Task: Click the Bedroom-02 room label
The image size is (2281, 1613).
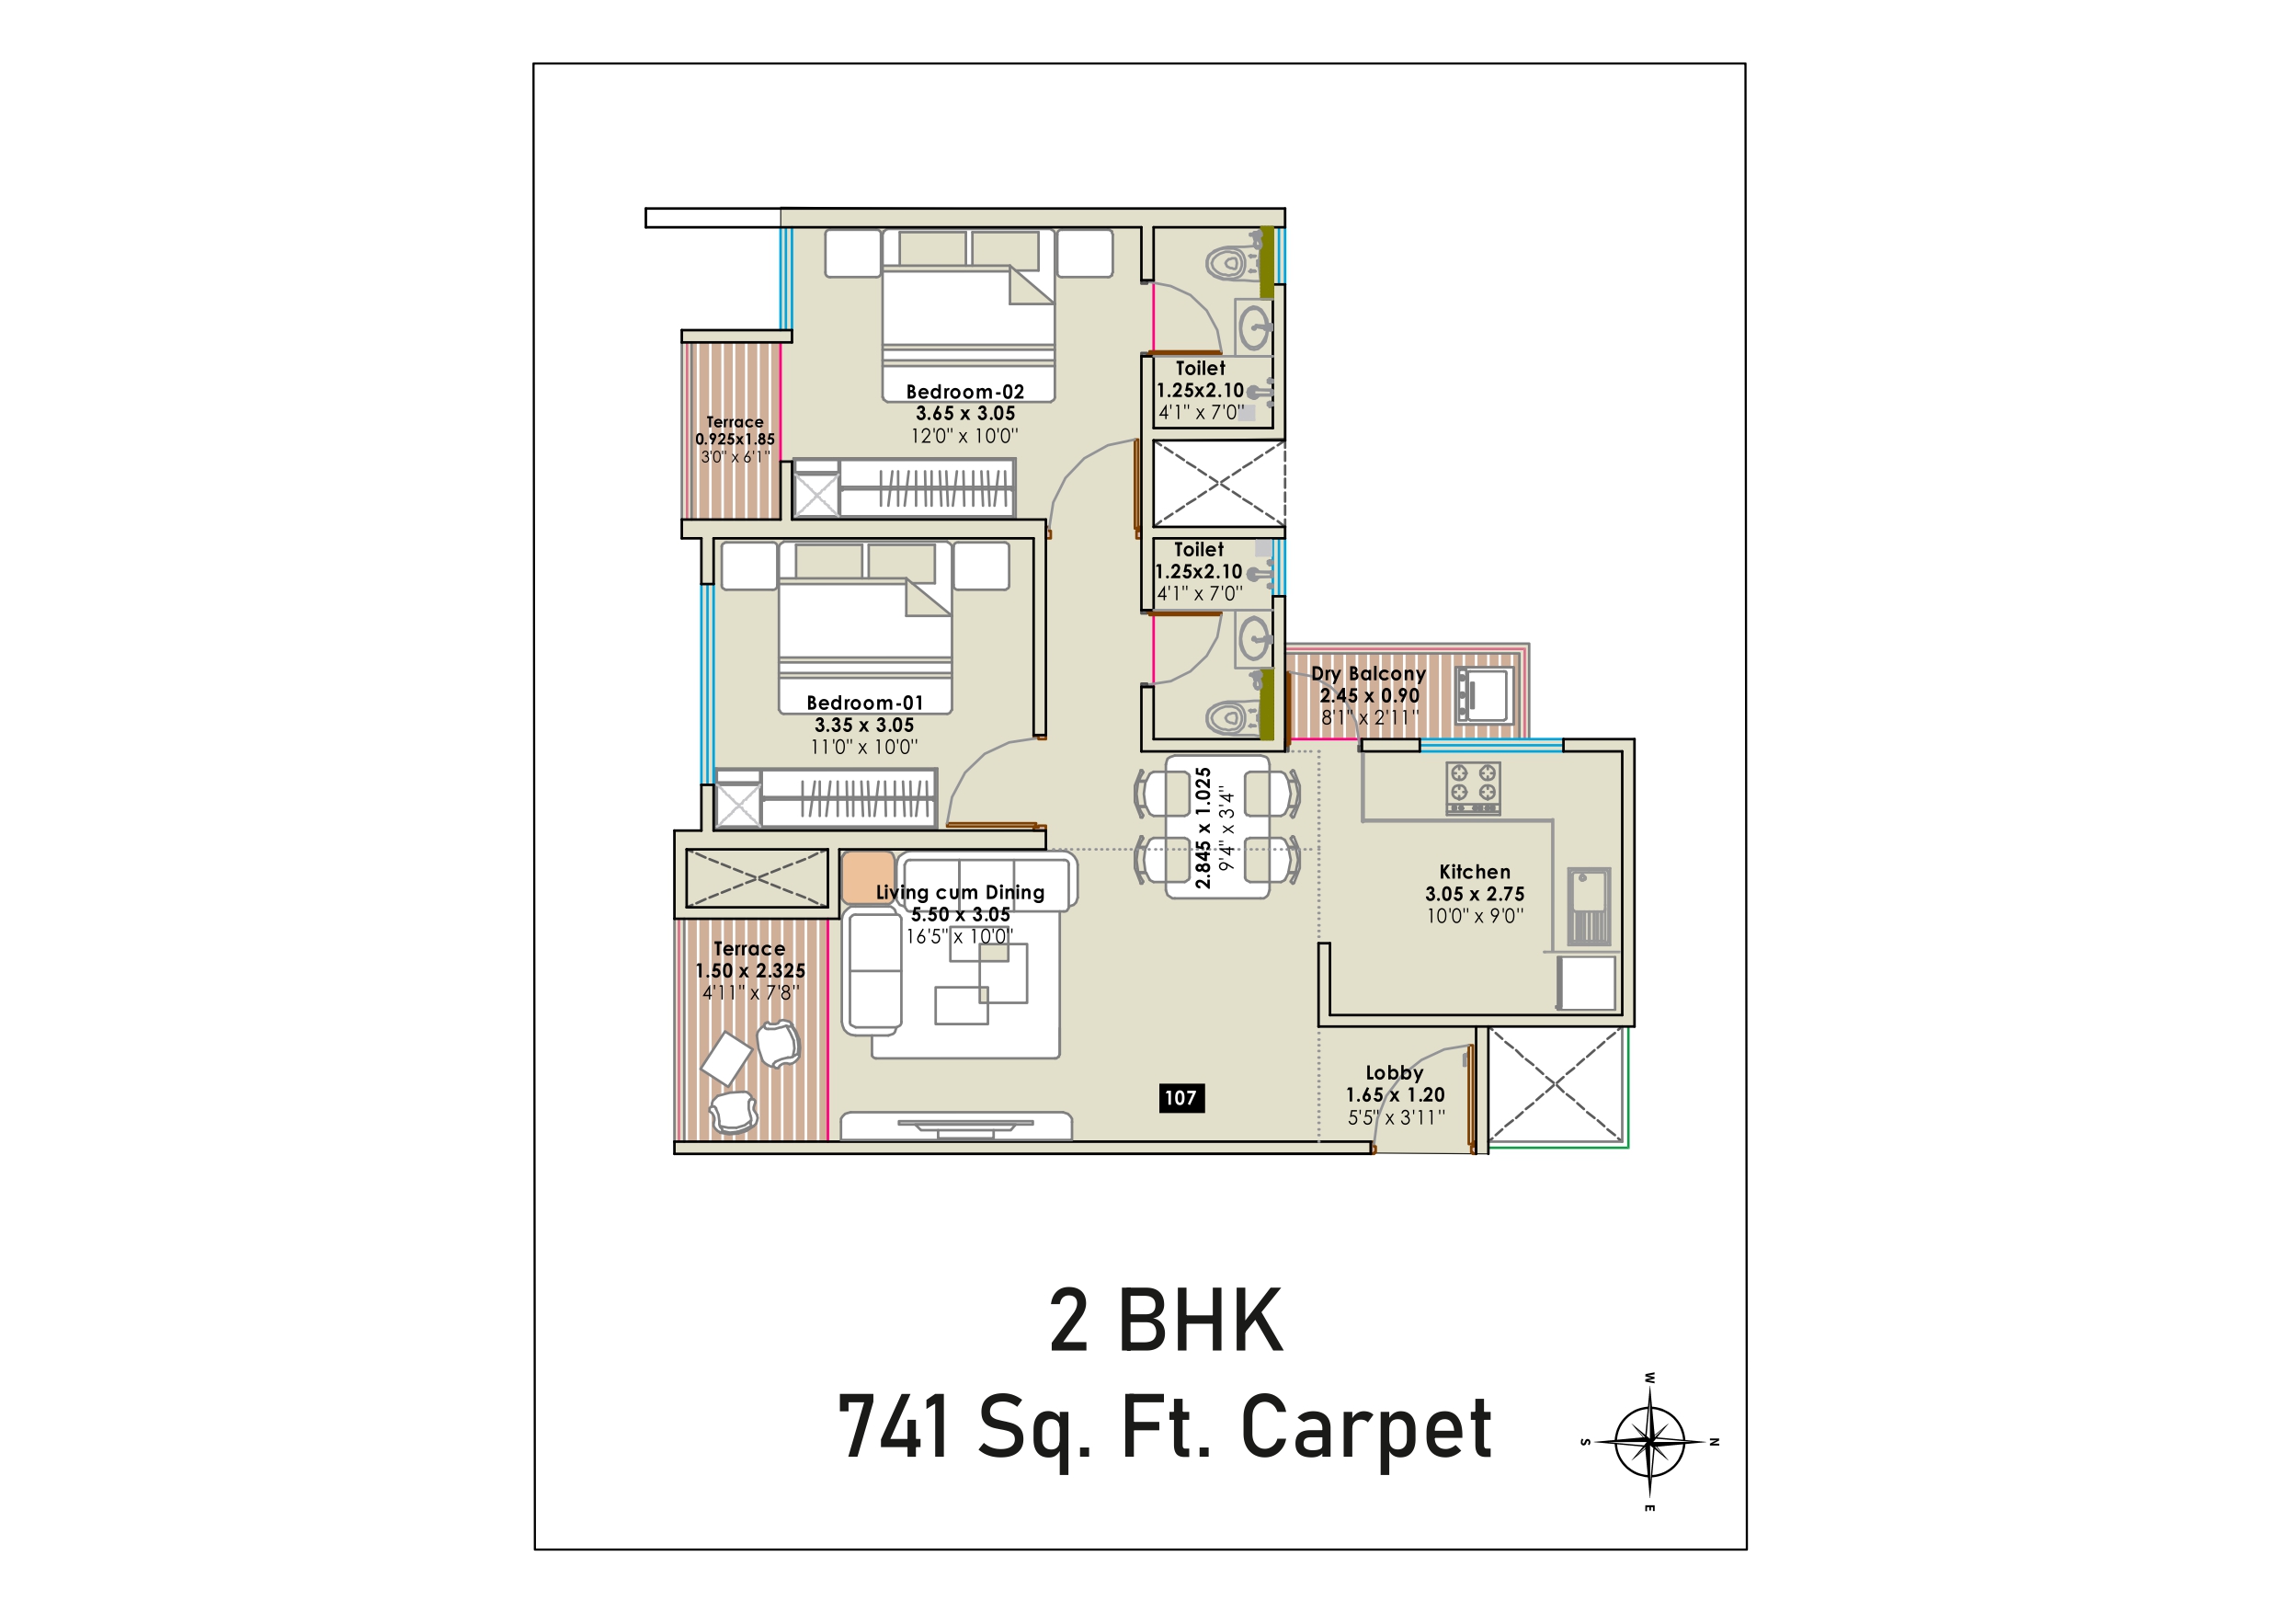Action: pos(964,392)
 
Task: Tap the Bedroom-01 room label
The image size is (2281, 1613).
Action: pos(864,703)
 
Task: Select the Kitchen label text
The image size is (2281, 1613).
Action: pos(1475,872)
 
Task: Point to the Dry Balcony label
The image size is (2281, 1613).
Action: pos(1368,674)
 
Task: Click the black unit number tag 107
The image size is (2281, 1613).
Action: pos(1181,1097)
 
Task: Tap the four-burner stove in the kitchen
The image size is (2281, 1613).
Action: pos(1473,788)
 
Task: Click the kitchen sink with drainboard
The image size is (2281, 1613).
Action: pos(1589,906)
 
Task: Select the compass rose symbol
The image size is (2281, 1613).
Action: pos(1650,1441)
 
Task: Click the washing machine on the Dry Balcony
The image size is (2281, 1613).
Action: pos(1485,694)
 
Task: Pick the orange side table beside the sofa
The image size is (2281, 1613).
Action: pos(868,876)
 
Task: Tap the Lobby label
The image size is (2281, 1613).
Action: pos(1394,1072)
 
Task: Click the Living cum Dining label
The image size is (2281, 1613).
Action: pos(960,892)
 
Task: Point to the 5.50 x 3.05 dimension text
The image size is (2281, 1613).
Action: pos(961,914)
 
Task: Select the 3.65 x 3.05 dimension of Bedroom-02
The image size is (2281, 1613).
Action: pos(965,414)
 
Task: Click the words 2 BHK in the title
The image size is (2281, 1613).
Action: pos(1167,1321)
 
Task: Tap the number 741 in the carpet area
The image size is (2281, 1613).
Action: pos(895,1426)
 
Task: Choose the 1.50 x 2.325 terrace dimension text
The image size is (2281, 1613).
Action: pos(750,971)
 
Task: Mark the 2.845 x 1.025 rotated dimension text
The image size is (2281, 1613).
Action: pos(1203,828)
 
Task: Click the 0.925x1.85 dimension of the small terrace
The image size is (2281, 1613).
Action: pos(736,440)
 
